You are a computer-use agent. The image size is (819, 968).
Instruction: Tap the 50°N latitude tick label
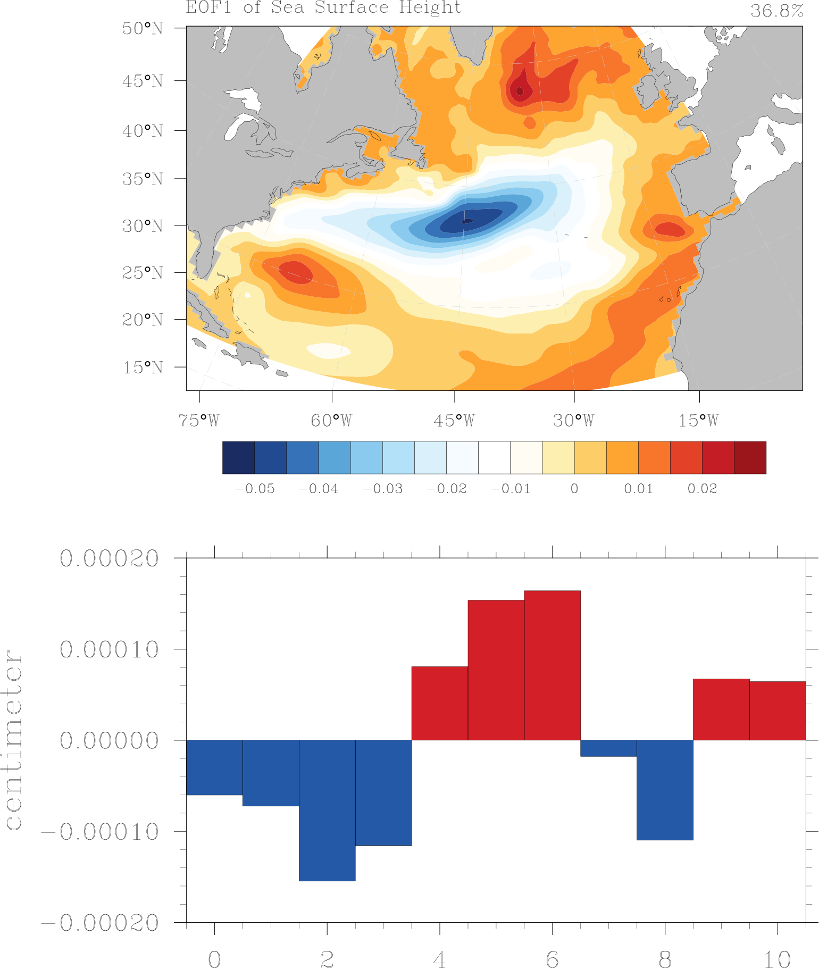(143, 28)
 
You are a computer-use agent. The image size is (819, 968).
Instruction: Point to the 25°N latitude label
(143, 273)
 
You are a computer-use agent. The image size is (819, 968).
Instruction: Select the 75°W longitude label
(199, 421)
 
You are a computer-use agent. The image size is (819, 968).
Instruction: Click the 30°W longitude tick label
(574, 421)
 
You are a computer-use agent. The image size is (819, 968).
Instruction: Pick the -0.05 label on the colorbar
(255, 489)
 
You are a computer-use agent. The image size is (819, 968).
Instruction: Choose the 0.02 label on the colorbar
(702, 489)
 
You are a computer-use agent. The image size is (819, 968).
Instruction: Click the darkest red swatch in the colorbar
(750, 457)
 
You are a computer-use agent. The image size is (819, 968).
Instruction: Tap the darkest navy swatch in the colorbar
(238, 457)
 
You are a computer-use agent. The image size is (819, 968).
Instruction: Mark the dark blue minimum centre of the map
(467, 221)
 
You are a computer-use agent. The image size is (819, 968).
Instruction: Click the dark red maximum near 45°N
(520, 91)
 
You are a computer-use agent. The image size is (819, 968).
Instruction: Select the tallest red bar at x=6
(552, 665)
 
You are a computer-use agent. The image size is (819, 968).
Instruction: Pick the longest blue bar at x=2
(327, 810)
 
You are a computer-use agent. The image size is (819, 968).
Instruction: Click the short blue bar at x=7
(608, 748)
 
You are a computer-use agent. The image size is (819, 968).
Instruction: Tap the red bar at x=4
(440, 703)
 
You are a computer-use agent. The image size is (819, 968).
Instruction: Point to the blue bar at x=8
(665, 790)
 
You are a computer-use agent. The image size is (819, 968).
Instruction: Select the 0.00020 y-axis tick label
(109, 559)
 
